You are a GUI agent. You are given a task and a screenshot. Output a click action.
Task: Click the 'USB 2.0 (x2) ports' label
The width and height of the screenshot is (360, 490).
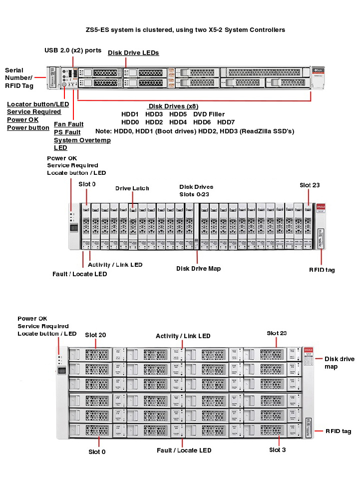tap(73, 50)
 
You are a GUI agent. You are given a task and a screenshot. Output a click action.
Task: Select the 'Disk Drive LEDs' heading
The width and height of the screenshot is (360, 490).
tap(133, 52)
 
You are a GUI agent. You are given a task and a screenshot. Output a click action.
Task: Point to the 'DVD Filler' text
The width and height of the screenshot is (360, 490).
tap(209, 114)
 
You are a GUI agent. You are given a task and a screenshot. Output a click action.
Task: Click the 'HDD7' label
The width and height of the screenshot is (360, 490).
tap(226, 122)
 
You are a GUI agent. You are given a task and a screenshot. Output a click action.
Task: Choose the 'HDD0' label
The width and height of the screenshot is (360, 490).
tap(130, 122)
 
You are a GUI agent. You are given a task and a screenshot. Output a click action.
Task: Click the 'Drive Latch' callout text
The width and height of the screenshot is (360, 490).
tap(132, 188)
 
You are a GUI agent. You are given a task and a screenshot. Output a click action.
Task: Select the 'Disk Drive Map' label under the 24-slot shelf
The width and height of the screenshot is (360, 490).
tap(198, 269)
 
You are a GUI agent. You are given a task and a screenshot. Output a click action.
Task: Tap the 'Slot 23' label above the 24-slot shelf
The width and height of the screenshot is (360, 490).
tap(309, 185)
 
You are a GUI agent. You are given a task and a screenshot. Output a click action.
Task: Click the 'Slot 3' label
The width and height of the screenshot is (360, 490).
tap(278, 450)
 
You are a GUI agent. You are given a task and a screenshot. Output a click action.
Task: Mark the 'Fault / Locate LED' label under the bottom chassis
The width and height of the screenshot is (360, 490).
tap(184, 451)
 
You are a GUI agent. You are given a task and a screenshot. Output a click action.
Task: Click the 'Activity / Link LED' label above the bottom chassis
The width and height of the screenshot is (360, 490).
tap(183, 336)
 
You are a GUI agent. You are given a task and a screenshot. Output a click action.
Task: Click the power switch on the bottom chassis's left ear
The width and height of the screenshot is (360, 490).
tap(62, 371)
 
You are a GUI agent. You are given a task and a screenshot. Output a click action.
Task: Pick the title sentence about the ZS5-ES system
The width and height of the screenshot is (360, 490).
tap(185, 30)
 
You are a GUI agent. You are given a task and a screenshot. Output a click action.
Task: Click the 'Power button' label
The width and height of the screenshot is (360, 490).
tap(28, 128)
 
